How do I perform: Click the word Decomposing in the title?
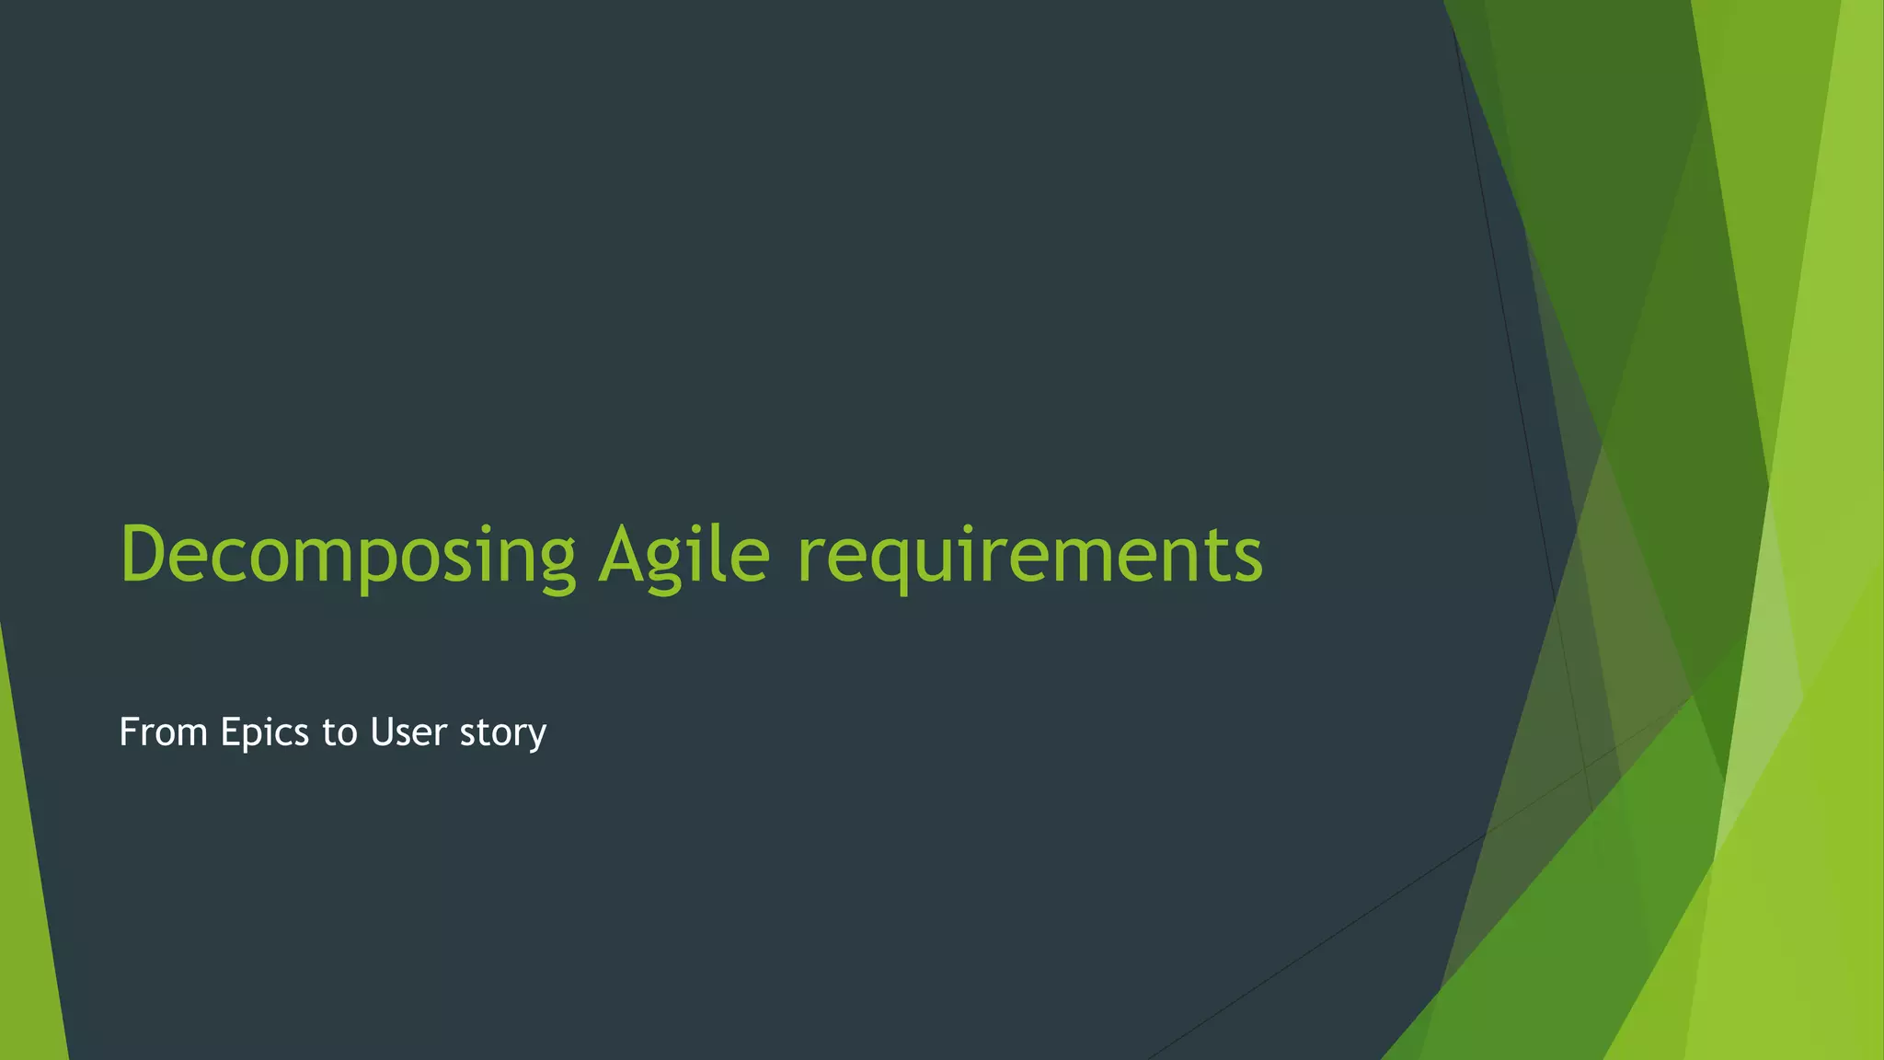(x=348, y=555)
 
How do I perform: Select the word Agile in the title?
(x=684, y=555)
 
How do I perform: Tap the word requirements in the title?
(x=1029, y=555)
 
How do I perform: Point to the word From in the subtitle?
(x=163, y=732)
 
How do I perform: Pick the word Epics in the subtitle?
(x=264, y=732)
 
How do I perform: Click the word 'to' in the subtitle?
(x=339, y=732)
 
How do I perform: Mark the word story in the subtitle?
(x=502, y=732)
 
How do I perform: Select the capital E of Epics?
(x=229, y=732)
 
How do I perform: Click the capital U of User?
(x=382, y=732)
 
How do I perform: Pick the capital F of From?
(x=129, y=732)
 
